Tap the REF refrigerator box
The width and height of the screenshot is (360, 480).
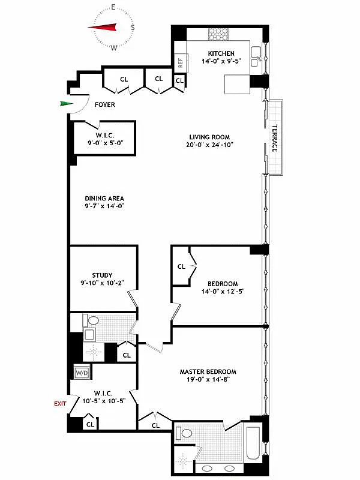click(x=179, y=61)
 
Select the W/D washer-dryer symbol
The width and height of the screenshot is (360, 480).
click(x=81, y=372)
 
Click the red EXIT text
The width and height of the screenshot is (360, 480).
click(x=60, y=404)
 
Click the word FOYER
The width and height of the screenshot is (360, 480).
click(x=105, y=105)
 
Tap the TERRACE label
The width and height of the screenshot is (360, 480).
click(x=274, y=138)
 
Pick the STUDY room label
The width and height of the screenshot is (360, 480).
click(x=102, y=275)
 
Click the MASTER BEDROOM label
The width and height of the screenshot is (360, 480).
click(x=208, y=371)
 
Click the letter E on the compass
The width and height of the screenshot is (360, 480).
click(x=113, y=7)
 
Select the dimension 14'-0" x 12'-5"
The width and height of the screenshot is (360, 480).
click(x=223, y=292)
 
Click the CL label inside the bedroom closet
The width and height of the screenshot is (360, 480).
click(x=181, y=266)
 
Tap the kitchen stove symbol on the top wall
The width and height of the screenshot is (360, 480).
click(x=215, y=34)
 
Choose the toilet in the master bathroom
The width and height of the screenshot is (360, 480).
click(x=186, y=433)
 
